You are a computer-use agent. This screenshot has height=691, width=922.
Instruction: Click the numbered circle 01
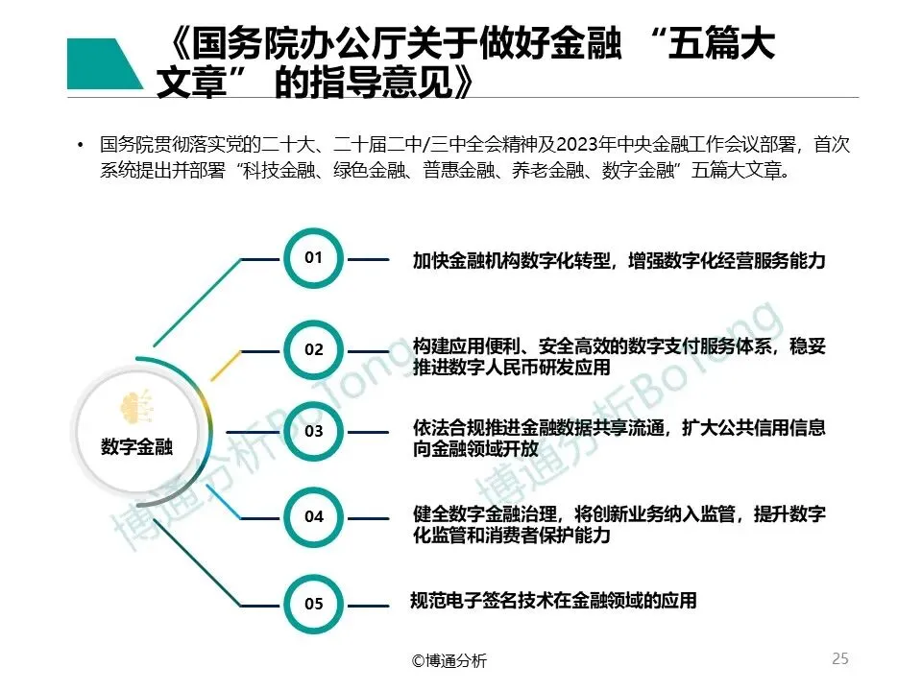(x=314, y=257)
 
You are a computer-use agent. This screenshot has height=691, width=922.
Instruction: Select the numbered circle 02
(x=314, y=349)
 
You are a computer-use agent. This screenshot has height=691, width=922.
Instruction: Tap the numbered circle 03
(x=314, y=431)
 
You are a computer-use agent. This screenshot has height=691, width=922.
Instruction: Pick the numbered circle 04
(x=314, y=516)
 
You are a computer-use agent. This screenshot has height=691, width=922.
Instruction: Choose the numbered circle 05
(x=314, y=604)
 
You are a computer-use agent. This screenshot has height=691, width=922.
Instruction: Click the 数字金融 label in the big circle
(x=136, y=446)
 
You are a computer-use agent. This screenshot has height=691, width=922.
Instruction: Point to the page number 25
(x=839, y=658)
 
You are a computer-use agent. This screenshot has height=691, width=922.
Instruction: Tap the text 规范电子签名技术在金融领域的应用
(x=552, y=602)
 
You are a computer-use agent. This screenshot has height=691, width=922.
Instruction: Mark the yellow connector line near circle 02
(x=225, y=366)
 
